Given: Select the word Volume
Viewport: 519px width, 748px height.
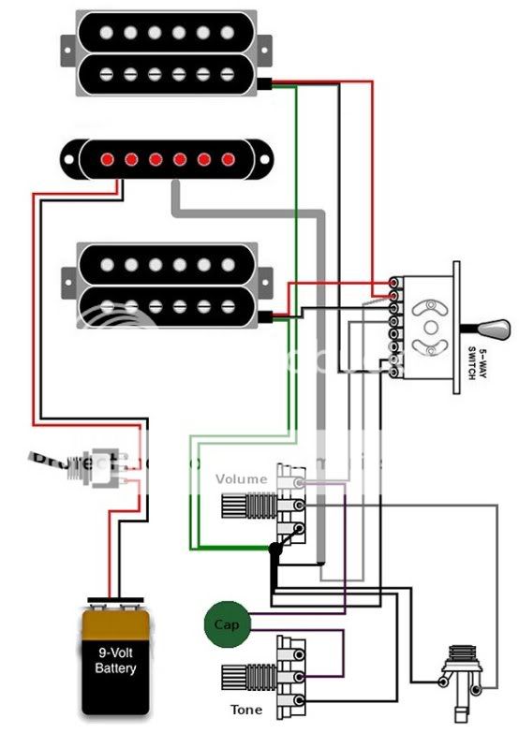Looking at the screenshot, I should click(241, 478).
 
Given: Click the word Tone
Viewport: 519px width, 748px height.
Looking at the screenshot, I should click(245, 710).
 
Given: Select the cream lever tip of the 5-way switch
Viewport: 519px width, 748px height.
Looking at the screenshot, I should click(497, 329).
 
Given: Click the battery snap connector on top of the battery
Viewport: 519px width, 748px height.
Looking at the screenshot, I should click(114, 602).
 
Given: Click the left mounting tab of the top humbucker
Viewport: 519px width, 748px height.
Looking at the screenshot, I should click(67, 44).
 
